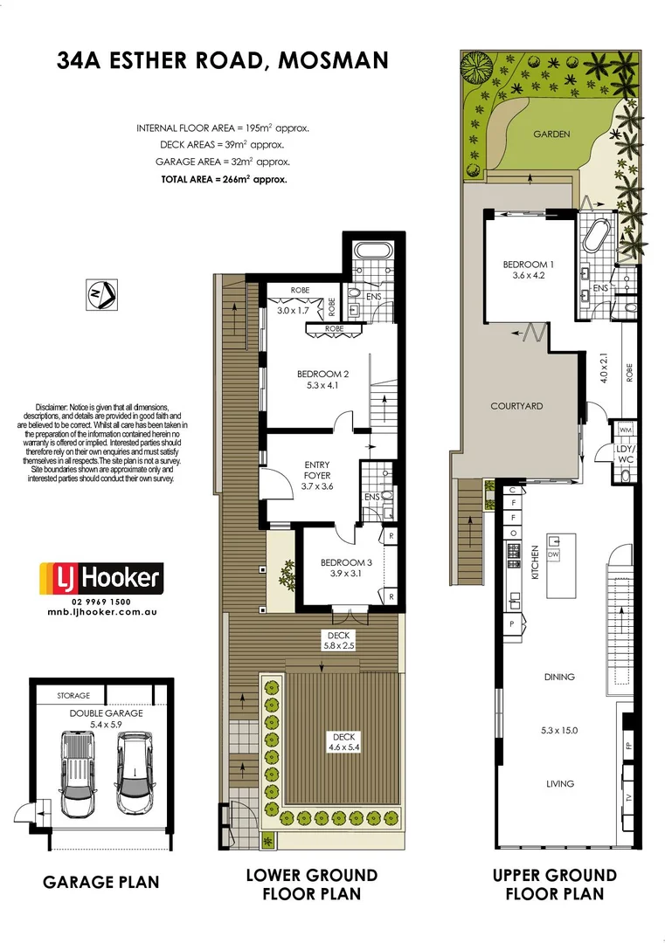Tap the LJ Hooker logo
pyautogui.click(x=101, y=578)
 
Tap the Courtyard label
pyautogui.click(x=516, y=406)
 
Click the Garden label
pyautogui.click(x=552, y=134)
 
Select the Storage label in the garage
pyautogui.click(x=73, y=696)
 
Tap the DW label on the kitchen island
pyautogui.click(x=553, y=555)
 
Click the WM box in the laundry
pyautogui.click(x=625, y=430)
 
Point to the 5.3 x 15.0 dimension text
pyautogui.click(x=560, y=731)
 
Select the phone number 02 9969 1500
pyautogui.click(x=101, y=602)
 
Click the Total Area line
pyautogui.click(x=224, y=178)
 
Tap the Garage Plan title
pyautogui.click(x=101, y=882)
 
